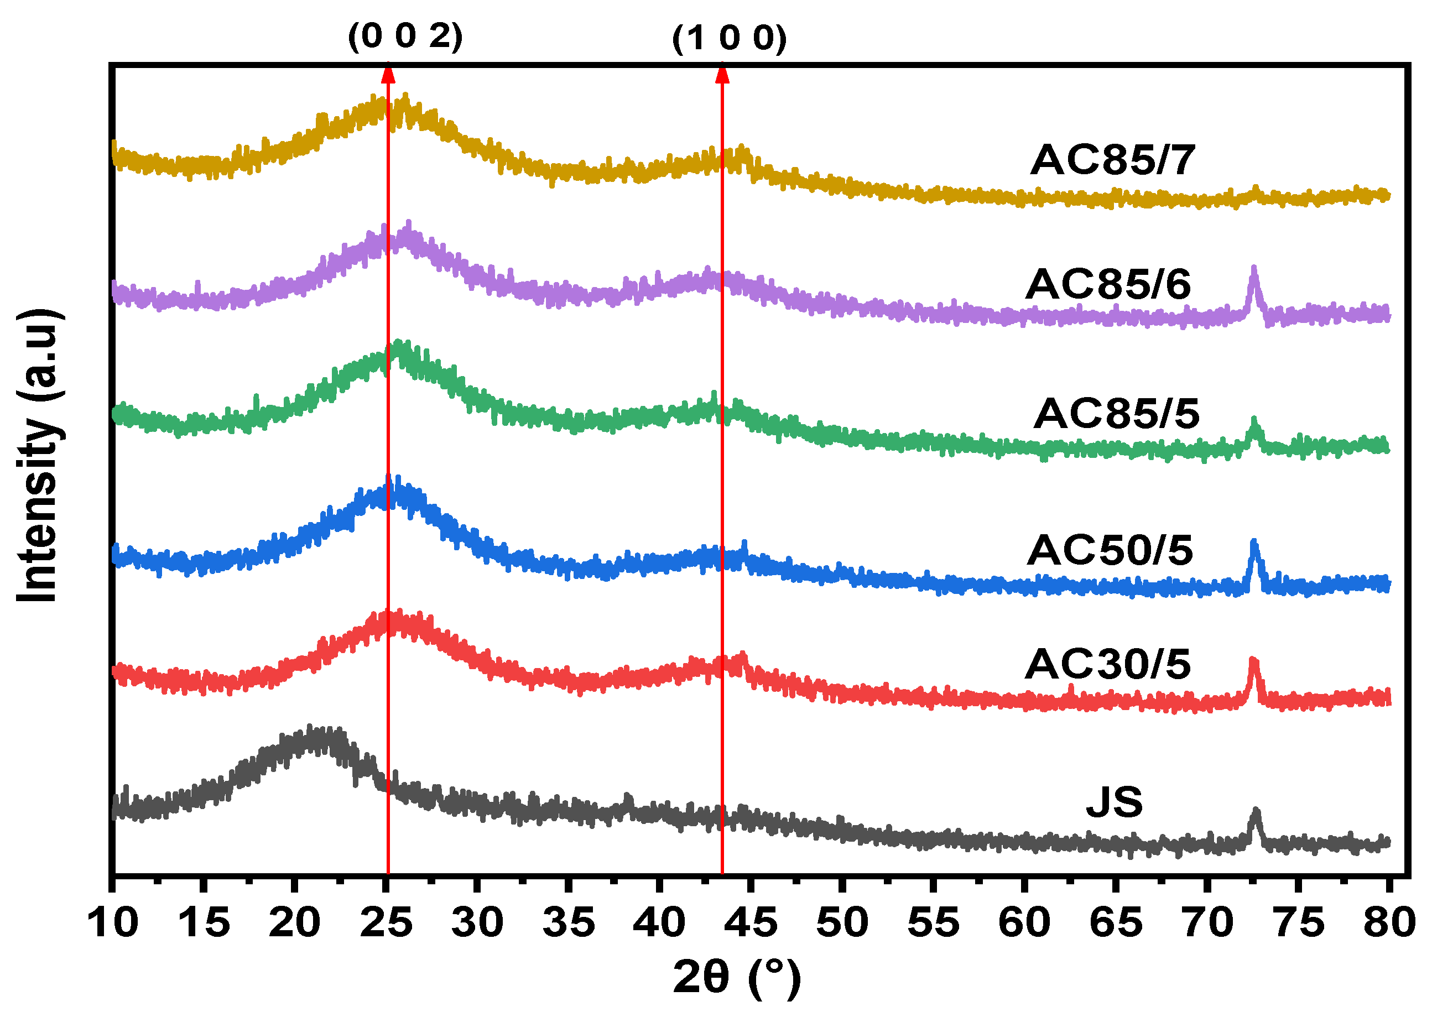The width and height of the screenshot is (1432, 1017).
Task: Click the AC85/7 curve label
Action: pyautogui.click(x=1113, y=160)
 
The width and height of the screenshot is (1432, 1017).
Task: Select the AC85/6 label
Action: pyautogui.click(x=1108, y=285)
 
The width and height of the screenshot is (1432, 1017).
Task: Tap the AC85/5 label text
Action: pyautogui.click(x=1116, y=414)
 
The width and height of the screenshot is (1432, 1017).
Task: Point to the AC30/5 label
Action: pyautogui.click(x=1108, y=664)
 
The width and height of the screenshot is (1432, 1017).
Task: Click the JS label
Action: pyautogui.click(x=1114, y=802)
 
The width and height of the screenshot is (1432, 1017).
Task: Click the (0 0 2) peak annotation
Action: pyautogui.click(x=405, y=36)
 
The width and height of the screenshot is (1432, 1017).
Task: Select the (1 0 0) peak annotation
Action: pyautogui.click(x=729, y=39)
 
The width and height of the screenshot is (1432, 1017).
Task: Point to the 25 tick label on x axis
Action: pyautogui.click(x=386, y=922)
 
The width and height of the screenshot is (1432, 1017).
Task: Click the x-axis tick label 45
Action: pyautogui.click(x=751, y=922)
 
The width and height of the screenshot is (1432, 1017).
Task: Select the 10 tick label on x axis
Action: pyautogui.click(x=113, y=922)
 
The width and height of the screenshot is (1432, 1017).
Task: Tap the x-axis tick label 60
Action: pyautogui.click(x=1024, y=922)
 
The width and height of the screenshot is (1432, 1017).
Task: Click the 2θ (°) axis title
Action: pyautogui.click(x=737, y=978)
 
